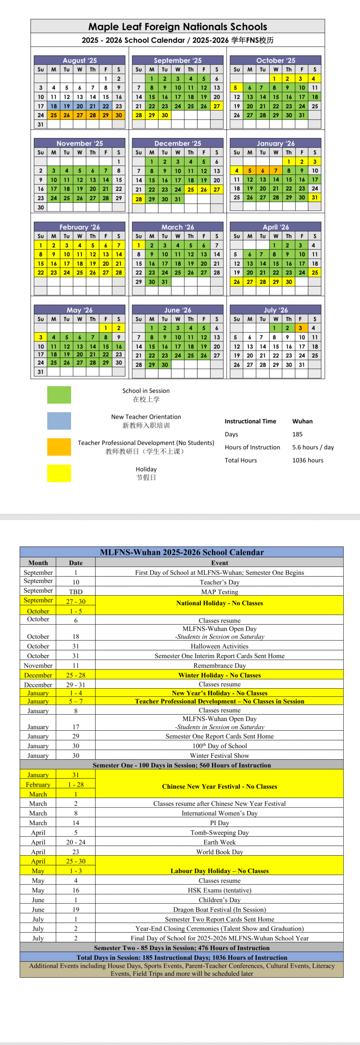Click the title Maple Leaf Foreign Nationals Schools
pos(178,27)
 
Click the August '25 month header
pos(80,60)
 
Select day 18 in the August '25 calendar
pos(53,106)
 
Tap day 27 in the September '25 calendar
pos(217,106)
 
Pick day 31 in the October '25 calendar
pos(302,115)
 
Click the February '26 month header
pos(80,227)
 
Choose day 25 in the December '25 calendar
pos(191,189)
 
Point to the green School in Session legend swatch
pos(59,395)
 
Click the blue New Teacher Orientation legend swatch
pos(59,421)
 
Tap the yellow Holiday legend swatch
pos(59,473)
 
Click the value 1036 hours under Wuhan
pos(308,460)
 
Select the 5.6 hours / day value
pos(313,447)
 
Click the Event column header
pos(220,563)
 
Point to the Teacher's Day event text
pos(220,582)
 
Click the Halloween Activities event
pos(220,646)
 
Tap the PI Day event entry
pos(220,823)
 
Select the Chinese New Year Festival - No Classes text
pos(220,786)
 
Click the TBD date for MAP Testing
pos(76,591)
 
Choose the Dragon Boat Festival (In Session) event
pos(220,909)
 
